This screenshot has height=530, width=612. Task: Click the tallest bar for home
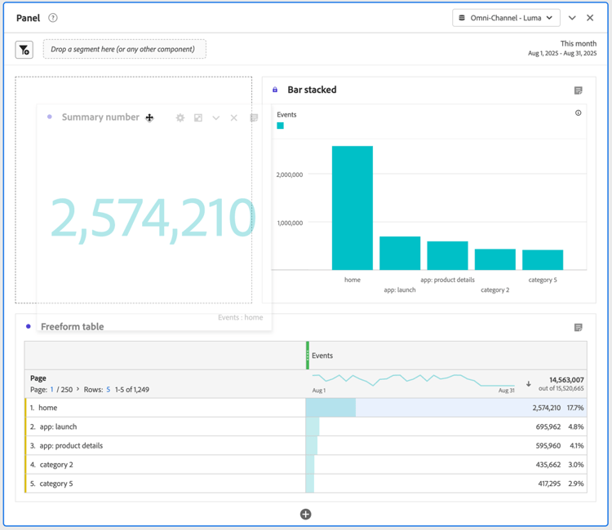(x=352, y=208)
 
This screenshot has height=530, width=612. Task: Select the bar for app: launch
(x=400, y=253)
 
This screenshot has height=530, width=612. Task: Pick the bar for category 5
(x=543, y=259)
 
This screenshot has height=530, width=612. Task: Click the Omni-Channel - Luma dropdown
(x=506, y=18)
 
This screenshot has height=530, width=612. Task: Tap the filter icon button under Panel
(x=24, y=50)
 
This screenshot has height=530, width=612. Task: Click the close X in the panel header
(x=590, y=18)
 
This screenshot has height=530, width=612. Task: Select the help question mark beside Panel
(x=53, y=18)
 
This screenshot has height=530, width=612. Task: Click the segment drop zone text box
(x=124, y=50)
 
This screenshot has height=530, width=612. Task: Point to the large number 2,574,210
(x=153, y=218)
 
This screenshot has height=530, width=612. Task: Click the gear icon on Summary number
(x=180, y=118)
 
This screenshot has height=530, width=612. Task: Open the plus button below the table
(x=305, y=514)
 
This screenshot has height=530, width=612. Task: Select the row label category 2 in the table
(x=56, y=465)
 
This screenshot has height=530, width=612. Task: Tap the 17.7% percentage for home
(x=575, y=408)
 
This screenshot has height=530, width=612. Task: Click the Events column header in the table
(x=322, y=356)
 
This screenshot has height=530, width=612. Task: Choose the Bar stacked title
(x=312, y=90)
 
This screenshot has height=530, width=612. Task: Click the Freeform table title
(x=72, y=327)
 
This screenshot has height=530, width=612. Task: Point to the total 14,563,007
(x=566, y=380)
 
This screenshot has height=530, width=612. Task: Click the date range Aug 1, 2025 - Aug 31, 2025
(x=562, y=54)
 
